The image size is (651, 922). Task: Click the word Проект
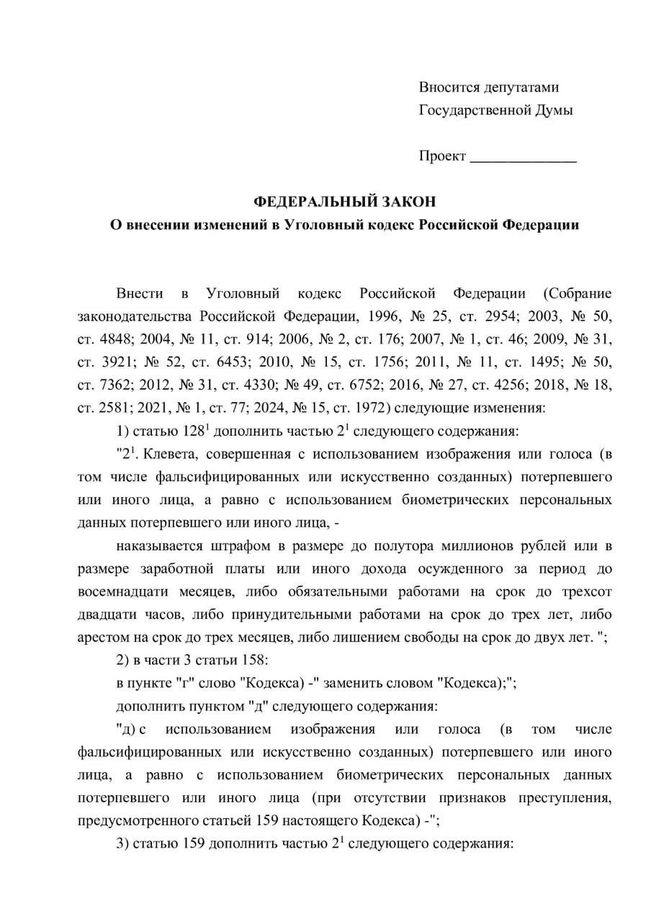(442, 156)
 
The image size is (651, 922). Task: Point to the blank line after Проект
(524, 158)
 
